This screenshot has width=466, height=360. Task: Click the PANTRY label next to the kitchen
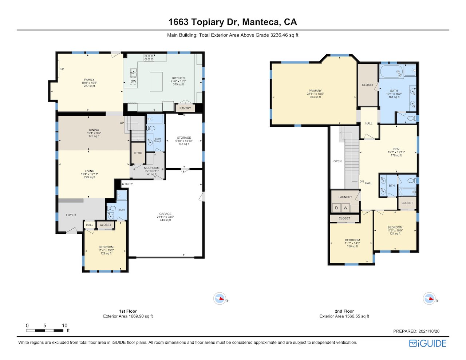coord(185,108)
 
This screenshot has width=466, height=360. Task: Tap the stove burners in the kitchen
coord(149,58)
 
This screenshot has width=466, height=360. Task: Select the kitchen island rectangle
coord(156,82)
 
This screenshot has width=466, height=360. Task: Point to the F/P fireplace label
coord(62,69)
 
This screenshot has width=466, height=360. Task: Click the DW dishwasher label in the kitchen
coord(133,81)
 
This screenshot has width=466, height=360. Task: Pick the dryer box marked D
coord(336,208)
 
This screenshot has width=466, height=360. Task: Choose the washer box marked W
coord(345,208)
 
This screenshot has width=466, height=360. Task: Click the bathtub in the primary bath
coord(392,71)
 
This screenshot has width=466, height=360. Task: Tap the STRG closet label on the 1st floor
coord(138,153)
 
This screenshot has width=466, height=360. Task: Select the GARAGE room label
coord(165,214)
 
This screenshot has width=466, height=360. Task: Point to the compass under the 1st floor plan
coord(220,298)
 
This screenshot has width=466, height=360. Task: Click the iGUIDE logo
coord(428,343)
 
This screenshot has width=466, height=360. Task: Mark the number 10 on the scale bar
coord(64,325)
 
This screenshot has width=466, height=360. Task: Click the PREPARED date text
coord(416,331)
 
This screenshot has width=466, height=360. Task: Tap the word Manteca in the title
coord(260,22)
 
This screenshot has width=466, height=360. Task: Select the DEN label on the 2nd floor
coord(396,149)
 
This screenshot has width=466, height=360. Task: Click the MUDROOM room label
coord(151,168)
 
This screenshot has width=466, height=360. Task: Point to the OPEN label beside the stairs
coord(337,161)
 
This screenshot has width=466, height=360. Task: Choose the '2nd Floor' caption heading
coord(344,311)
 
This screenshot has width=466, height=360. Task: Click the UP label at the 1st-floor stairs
coord(122,123)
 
